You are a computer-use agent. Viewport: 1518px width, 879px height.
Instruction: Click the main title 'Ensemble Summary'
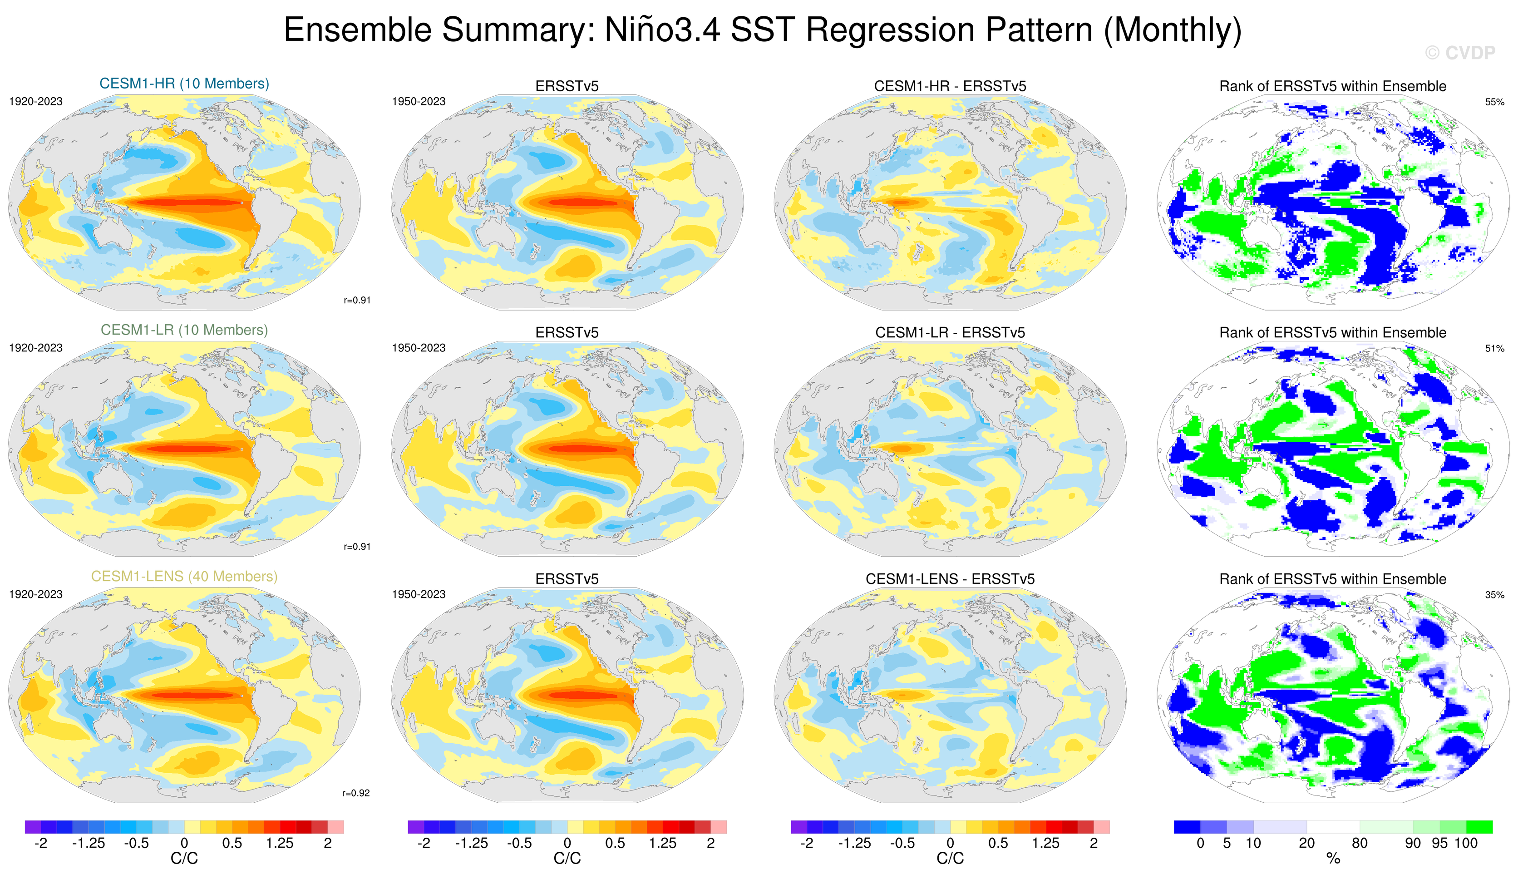click(762, 30)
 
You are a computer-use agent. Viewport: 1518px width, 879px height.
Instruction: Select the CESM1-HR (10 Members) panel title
click(184, 84)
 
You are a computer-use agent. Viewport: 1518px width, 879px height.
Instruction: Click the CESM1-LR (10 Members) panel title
click(184, 330)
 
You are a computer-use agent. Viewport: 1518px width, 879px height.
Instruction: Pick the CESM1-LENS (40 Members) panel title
click(184, 577)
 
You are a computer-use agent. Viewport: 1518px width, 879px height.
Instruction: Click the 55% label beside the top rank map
click(1494, 102)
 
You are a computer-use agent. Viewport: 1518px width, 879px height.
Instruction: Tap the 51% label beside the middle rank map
click(1494, 348)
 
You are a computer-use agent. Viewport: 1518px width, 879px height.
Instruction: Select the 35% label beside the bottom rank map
click(1494, 595)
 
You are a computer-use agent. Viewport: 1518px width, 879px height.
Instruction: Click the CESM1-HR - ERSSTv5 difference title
click(950, 86)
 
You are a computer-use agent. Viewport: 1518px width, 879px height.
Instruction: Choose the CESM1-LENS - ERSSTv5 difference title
click(950, 579)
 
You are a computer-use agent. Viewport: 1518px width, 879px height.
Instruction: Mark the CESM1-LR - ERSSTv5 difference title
click(950, 332)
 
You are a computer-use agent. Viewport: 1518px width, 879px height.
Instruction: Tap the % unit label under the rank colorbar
click(1333, 859)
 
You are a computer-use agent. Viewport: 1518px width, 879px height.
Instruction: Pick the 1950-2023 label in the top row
click(419, 102)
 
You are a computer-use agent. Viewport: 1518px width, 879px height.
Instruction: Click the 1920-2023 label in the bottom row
click(35, 595)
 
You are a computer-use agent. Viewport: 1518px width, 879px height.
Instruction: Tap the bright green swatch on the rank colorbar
click(1479, 827)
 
